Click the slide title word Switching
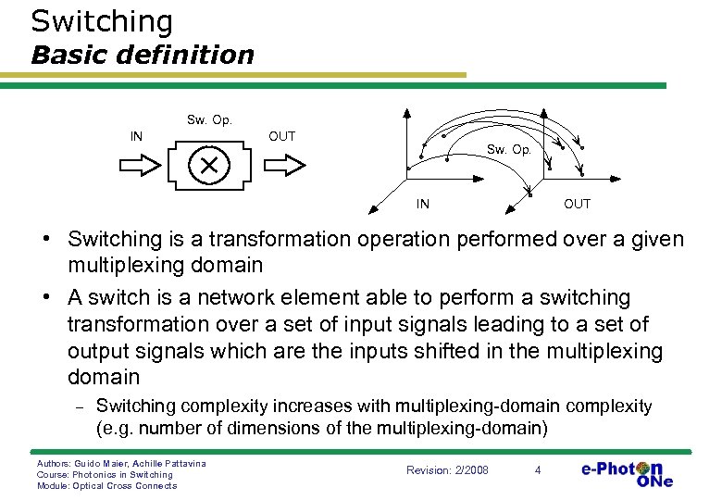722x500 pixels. click(102, 21)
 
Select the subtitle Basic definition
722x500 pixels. click(142, 55)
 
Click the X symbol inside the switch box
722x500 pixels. click(208, 165)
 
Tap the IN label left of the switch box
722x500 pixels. click(136, 136)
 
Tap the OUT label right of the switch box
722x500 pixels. click(281, 136)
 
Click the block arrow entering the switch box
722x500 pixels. click(140, 165)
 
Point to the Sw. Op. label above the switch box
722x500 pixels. click(209, 119)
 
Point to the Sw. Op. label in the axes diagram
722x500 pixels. click(509, 149)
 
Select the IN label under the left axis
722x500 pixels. click(422, 204)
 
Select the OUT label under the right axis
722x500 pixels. click(577, 204)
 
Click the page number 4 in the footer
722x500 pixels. click(538, 470)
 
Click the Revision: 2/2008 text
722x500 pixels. click(447, 470)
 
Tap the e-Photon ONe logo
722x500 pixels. click(627, 473)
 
